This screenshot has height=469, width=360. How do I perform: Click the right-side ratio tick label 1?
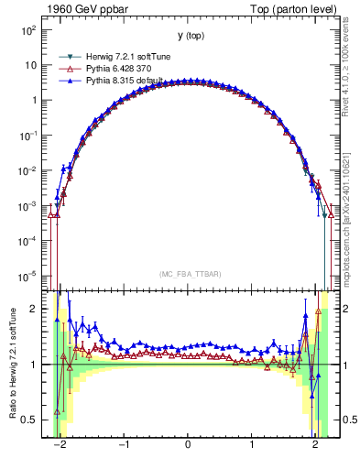click(x=340, y=365)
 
